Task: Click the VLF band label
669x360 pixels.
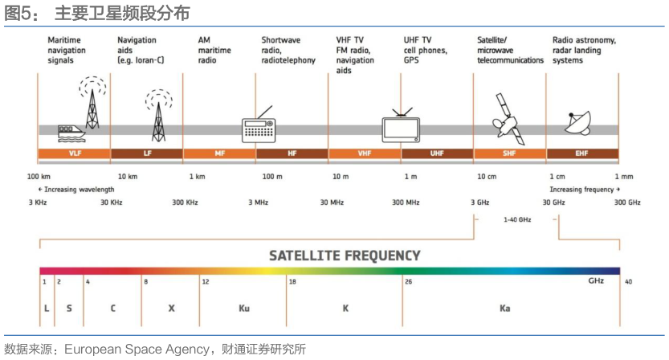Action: click(75, 153)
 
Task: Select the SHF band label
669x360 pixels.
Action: click(509, 153)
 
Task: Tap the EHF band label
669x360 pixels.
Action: click(581, 153)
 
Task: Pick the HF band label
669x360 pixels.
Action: click(292, 153)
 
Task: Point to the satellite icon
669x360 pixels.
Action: click(508, 119)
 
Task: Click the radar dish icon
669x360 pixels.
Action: click(578, 123)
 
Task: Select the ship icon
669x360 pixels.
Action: click(71, 133)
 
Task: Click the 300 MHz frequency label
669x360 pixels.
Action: click(406, 202)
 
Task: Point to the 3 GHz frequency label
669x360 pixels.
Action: click(480, 202)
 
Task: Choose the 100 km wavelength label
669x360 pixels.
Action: click(39, 176)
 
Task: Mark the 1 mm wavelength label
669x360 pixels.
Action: click(624, 176)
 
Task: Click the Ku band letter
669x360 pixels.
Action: click(244, 309)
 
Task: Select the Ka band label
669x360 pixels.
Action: click(504, 309)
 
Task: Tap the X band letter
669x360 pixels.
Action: click(172, 309)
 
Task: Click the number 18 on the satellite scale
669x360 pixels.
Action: click(292, 282)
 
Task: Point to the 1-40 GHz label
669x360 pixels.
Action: click(517, 219)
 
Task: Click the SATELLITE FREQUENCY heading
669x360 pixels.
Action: click(345, 256)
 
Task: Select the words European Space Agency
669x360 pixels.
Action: click(137, 350)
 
